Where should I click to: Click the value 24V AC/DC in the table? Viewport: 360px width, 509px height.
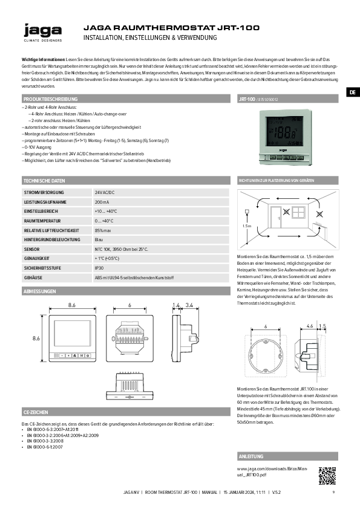point(105,192)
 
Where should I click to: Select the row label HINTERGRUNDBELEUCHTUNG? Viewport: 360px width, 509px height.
point(52,240)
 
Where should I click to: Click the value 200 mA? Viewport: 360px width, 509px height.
point(102,202)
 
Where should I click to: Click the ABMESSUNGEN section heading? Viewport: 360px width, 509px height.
point(40,291)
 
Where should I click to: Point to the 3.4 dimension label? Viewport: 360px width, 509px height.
point(189,305)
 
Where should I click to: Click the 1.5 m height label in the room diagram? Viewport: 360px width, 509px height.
point(246,225)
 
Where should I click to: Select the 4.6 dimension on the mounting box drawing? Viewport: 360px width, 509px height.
point(309,326)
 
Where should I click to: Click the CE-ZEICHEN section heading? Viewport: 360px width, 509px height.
point(35,411)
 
